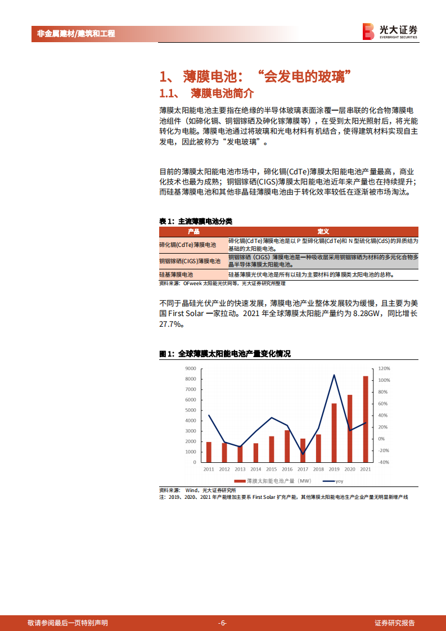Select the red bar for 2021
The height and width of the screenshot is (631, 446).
point(366,419)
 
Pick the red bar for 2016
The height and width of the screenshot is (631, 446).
point(287,446)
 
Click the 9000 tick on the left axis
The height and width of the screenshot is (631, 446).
point(190,368)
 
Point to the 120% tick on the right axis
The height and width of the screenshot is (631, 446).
point(384,368)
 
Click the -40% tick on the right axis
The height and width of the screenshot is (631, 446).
point(384,462)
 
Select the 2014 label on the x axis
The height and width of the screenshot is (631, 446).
point(255,469)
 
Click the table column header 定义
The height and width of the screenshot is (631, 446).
point(323,232)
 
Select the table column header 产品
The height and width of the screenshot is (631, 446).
point(193,232)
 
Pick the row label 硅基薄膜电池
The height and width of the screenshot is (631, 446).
point(176,274)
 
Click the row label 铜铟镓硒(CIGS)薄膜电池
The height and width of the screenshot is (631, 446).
point(188,261)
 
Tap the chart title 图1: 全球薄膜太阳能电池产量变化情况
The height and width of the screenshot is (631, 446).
point(225,354)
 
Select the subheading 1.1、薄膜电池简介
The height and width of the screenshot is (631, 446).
point(207,92)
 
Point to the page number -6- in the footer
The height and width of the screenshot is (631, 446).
point(223,623)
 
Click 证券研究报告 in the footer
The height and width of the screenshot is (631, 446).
point(395,623)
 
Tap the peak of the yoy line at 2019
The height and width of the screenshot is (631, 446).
point(334,375)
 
